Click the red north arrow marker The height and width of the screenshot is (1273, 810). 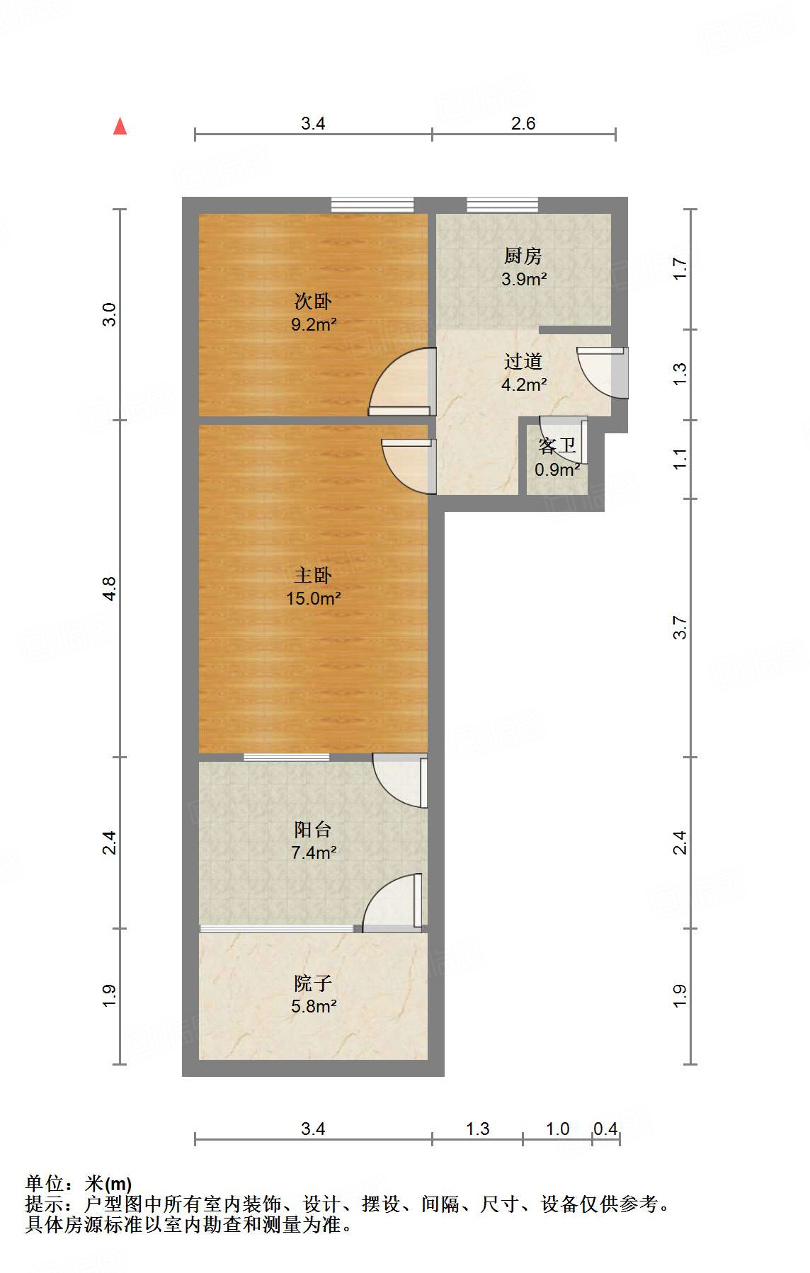[x=120, y=127]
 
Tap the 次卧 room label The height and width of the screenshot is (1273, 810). [x=313, y=302]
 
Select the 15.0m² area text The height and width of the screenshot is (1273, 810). [x=313, y=598]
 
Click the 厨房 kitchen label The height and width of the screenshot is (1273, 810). [x=523, y=256]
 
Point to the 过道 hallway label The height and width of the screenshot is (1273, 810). [x=523, y=361]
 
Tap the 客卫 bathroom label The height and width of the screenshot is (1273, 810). [x=557, y=446]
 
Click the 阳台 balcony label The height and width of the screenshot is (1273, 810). [x=313, y=829]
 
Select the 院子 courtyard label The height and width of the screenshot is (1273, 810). [x=313, y=983]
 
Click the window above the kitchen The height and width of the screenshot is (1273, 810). [x=502, y=205]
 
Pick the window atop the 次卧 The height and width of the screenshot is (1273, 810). [x=372, y=205]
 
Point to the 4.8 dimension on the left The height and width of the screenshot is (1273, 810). [x=109, y=589]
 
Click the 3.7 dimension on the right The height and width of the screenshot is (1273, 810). [x=680, y=627]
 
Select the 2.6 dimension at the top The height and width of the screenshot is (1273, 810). [x=523, y=123]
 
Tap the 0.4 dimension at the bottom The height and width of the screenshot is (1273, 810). [x=605, y=1129]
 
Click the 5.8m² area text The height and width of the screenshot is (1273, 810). [x=313, y=1005]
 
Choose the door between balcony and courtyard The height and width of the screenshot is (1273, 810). [x=394, y=903]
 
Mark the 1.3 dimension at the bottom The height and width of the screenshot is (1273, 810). [x=478, y=1129]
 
